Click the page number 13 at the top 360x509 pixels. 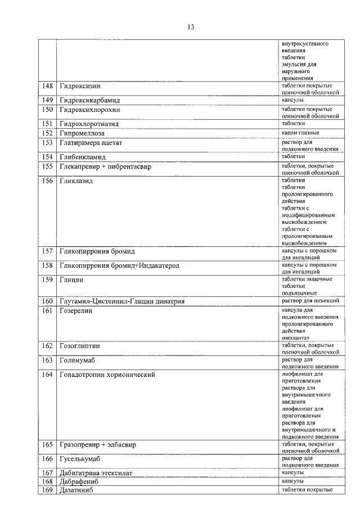[x=191, y=27]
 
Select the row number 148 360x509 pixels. [x=48, y=86]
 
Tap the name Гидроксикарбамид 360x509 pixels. [x=90, y=100]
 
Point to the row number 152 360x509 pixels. [x=48, y=133]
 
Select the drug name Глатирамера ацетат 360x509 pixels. [x=91, y=143]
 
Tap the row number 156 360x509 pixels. [x=48, y=181]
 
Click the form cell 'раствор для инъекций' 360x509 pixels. [x=310, y=301]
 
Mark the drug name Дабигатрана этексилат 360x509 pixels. [x=95, y=473]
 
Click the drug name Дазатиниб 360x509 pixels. [x=75, y=490]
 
